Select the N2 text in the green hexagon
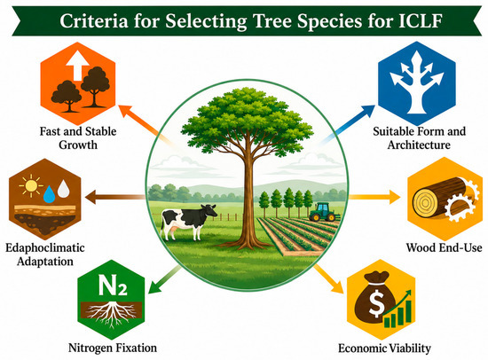[x=113, y=285]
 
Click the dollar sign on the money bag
[x=376, y=303]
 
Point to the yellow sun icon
[x=31, y=186]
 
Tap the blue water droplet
[x=49, y=194]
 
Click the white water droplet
[x=64, y=188]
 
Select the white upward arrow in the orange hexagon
[x=77, y=66]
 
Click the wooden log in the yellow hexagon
[x=440, y=197]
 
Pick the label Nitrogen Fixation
[x=113, y=348]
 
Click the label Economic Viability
[x=384, y=348]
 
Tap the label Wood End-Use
[x=444, y=247]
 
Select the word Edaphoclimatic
[x=45, y=247]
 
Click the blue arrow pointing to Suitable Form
[x=347, y=125]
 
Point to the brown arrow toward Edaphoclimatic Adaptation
[x=115, y=197]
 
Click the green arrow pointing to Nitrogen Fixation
[x=164, y=279]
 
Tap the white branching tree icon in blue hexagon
[x=417, y=82]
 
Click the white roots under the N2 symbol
[x=111, y=314]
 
